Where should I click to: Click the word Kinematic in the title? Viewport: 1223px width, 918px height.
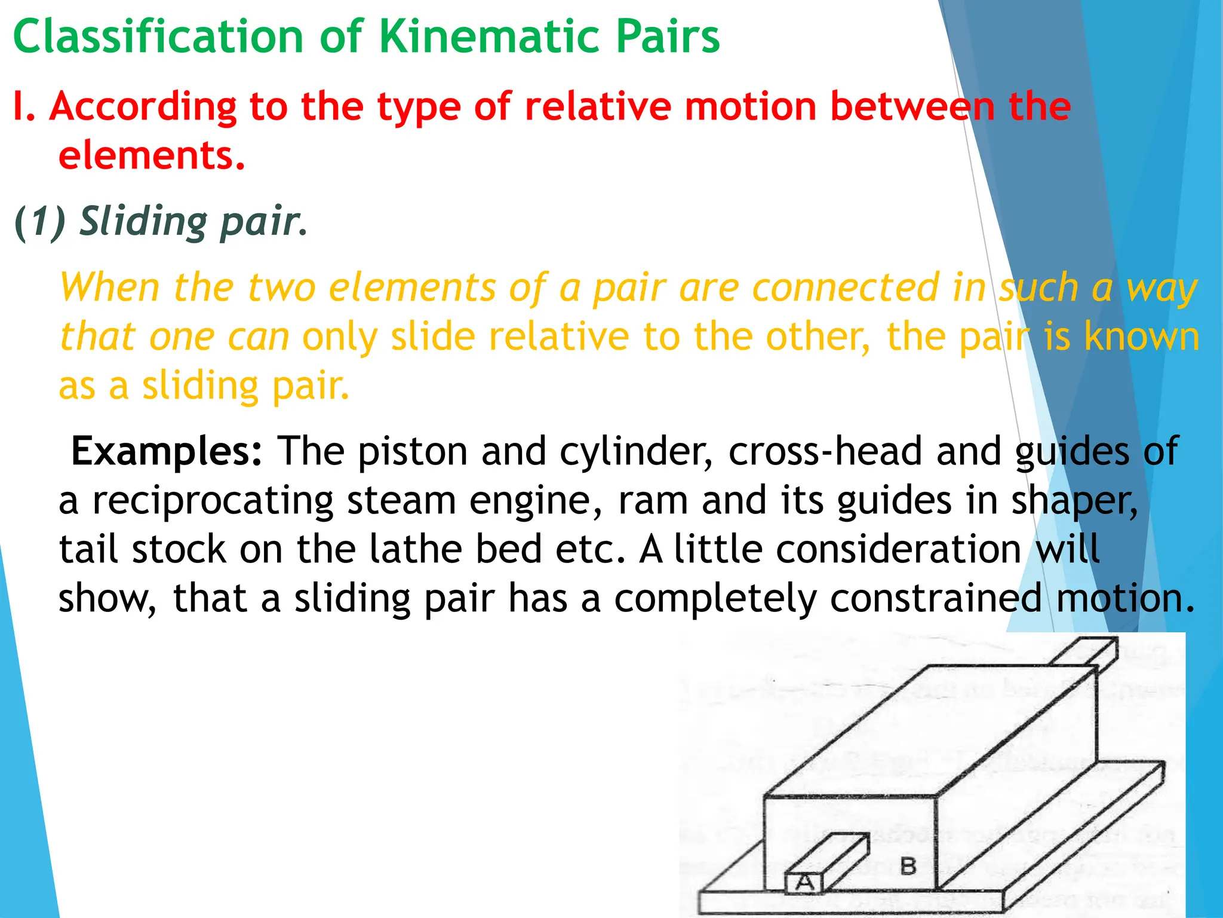pyautogui.click(x=488, y=37)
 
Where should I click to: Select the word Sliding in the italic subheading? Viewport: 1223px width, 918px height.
pyautogui.click(x=143, y=221)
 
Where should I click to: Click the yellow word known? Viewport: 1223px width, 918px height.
pyautogui.click(x=1141, y=336)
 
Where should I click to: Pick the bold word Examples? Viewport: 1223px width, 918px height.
pyautogui.click(x=167, y=451)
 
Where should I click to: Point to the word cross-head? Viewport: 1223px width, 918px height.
pyautogui.click(x=825, y=451)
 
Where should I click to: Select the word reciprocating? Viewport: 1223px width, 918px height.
pyautogui.click(x=213, y=500)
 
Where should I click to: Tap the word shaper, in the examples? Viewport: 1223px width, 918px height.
pyautogui.click(x=1074, y=501)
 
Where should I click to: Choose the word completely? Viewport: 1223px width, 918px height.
pyautogui.click(x=715, y=598)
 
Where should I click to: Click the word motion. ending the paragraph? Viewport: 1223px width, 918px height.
pyautogui.click(x=1126, y=598)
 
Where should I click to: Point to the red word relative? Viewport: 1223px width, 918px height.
pyautogui.click(x=598, y=108)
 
